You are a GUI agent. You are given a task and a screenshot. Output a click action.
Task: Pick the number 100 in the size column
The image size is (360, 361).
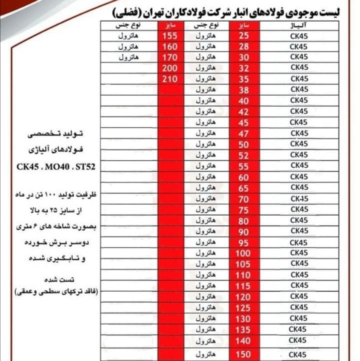coord(243,253)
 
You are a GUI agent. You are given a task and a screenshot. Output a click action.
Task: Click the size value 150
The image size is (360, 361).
coord(243,354)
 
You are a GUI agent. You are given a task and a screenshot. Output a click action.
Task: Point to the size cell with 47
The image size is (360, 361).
coord(243,133)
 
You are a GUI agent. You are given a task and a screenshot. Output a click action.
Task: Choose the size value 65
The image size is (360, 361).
coord(243,188)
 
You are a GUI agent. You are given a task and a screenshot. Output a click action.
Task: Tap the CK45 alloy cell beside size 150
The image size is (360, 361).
coord(298,354)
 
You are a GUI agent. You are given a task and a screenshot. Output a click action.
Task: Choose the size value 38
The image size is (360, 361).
coord(243,90)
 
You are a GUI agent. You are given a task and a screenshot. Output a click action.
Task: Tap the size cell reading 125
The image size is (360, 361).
coord(243,307)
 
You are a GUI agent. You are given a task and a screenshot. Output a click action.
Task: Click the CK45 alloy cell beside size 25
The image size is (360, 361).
coord(298,35)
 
